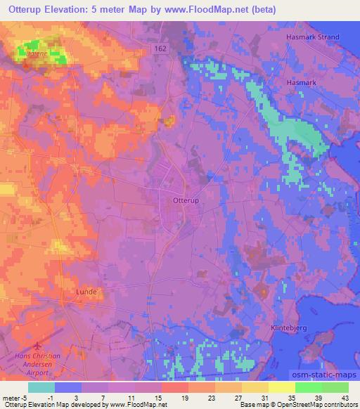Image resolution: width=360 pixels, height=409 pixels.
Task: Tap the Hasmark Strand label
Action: [x=312, y=37]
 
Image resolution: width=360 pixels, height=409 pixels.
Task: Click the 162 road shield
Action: [x=161, y=48]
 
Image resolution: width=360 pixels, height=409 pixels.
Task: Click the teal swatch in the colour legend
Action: [x=41, y=387]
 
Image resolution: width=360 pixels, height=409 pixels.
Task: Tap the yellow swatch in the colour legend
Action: [x=281, y=387]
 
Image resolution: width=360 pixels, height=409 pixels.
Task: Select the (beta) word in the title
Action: [x=262, y=10]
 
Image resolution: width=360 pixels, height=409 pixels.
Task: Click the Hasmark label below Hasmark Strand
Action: [x=302, y=82]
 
